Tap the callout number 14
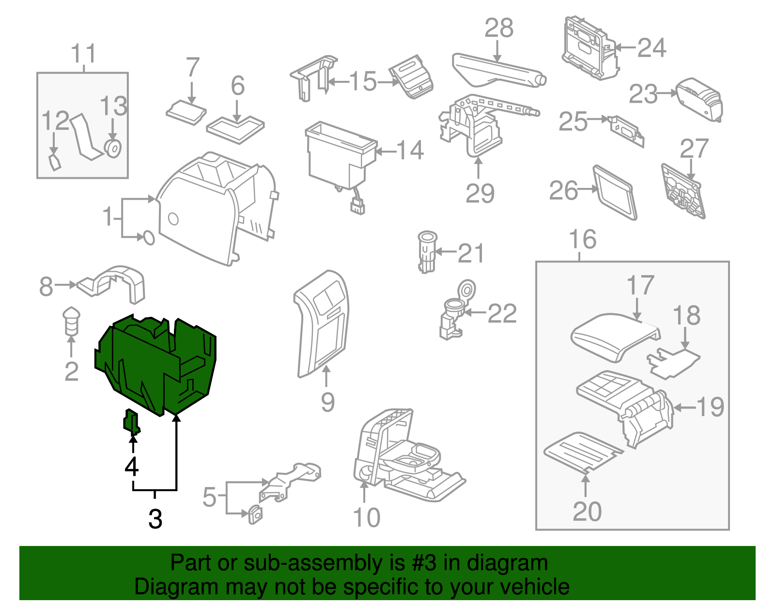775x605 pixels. (410, 150)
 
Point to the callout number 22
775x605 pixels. (502, 313)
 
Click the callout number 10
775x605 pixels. (367, 517)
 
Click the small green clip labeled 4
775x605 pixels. (131, 422)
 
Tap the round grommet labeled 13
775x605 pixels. (113, 149)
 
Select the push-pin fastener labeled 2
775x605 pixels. (71, 321)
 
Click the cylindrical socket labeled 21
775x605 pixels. (427, 252)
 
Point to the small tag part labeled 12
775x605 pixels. (55, 163)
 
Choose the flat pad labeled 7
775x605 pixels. (186, 113)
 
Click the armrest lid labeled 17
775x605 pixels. (615, 337)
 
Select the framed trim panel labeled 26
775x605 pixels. (615, 192)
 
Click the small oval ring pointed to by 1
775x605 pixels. (149, 238)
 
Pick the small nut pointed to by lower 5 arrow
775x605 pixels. (255, 514)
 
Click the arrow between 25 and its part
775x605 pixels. (598, 119)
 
